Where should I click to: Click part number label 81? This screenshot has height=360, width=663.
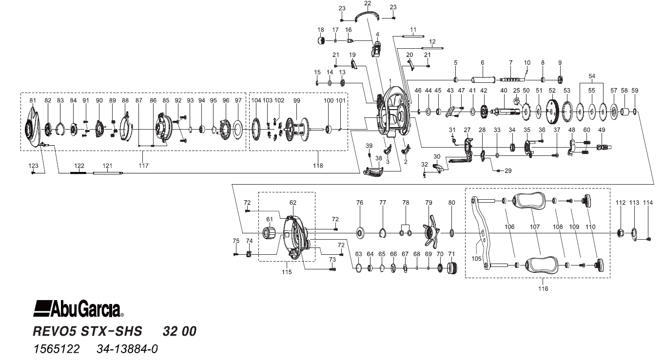click(33, 100)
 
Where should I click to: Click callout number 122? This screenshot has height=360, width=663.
click(79, 166)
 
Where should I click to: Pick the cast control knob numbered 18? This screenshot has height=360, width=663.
click(321, 40)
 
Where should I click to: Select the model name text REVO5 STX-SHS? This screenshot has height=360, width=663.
click(87, 332)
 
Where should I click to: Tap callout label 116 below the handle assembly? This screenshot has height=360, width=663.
click(543, 289)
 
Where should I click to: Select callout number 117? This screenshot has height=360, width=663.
click(143, 166)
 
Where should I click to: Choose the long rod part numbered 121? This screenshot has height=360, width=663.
click(107, 172)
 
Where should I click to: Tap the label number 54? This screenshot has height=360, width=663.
click(591, 77)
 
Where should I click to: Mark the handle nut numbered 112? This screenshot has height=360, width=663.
click(620, 232)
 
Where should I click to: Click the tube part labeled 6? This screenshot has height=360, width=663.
click(482, 79)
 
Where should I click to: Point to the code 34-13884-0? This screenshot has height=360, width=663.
click(124, 349)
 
